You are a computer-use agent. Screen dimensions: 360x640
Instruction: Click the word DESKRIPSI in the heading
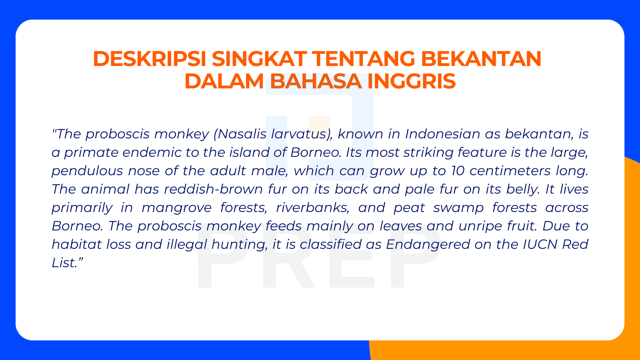coord(150,59)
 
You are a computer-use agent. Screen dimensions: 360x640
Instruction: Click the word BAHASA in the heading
coord(316,81)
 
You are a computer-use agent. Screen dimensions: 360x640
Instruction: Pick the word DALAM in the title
coord(224,81)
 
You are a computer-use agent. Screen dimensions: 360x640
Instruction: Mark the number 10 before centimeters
coord(458,171)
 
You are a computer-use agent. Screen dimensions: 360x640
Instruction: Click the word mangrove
coord(176,208)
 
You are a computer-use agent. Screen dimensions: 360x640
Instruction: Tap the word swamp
coord(458,208)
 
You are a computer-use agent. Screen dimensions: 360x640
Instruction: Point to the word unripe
coord(480,226)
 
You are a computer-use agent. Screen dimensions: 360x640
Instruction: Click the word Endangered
coord(428,244)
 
